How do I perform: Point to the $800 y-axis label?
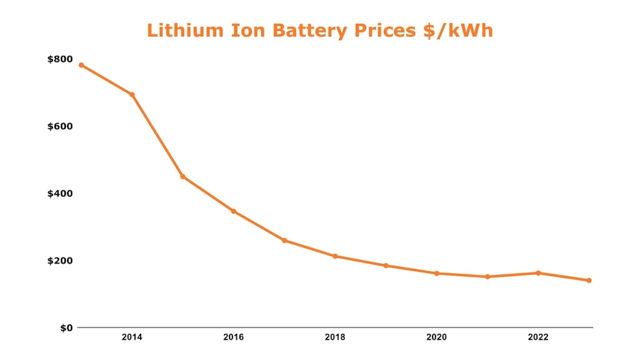(59, 59)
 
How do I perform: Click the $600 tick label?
(59, 126)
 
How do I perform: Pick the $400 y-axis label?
(59, 193)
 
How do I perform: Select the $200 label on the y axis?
(59, 260)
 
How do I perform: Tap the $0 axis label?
(66, 328)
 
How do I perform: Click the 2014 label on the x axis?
(132, 337)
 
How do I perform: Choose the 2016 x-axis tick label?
(233, 337)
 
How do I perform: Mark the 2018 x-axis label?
(335, 337)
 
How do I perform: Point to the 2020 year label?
(436, 337)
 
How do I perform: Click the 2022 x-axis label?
(538, 337)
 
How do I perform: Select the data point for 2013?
(81, 65)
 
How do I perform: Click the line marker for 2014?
(132, 94)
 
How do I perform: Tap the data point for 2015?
(183, 176)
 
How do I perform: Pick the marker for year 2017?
(284, 240)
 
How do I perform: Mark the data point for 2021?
(487, 276)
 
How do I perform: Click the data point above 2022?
(538, 273)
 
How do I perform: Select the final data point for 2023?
(589, 280)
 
